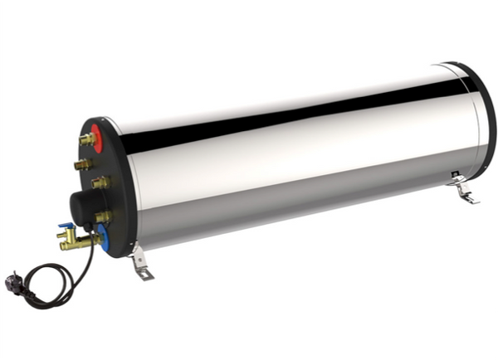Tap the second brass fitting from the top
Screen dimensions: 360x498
[82, 165]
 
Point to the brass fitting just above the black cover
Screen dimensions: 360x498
[100, 182]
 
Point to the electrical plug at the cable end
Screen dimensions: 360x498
[13, 283]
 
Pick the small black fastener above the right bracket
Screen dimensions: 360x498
[455, 175]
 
